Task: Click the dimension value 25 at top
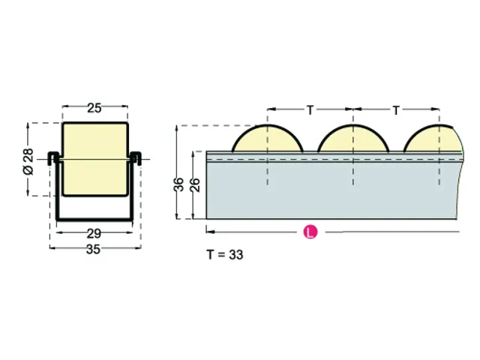point(94,108)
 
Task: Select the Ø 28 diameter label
point(28,160)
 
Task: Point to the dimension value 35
point(94,250)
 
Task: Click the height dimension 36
point(180,184)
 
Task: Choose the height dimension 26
point(195,184)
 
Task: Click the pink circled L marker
point(309,233)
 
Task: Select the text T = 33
point(225,255)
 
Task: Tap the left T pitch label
point(310,110)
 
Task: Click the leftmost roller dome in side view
point(267,139)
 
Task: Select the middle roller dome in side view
point(352,139)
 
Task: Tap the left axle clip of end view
point(53,157)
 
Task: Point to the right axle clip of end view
point(136,157)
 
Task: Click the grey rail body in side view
point(330,191)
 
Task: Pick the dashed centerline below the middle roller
point(352,187)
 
